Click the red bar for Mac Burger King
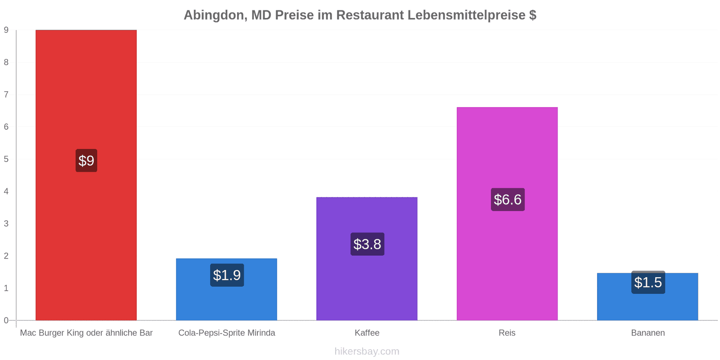pyautogui.click(x=86, y=175)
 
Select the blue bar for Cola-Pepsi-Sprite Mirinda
pyautogui.click(x=226, y=289)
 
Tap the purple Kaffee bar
pyautogui.click(x=367, y=258)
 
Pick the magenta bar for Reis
pyautogui.click(x=507, y=213)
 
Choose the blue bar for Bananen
pyautogui.click(x=648, y=297)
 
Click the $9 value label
pyautogui.click(x=86, y=160)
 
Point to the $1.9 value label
pyautogui.click(x=227, y=275)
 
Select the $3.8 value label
pyautogui.click(x=367, y=244)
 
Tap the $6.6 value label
pyautogui.click(x=508, y=200)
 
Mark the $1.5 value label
pyautogui.click(x=648, y=283)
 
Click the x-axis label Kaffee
pyautogui.click(x=367, y=333)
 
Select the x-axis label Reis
pyautogui.click(x=507, y=333)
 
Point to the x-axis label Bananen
pyautogui.click(x=648, y=333)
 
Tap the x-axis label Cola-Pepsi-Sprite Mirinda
pyautogui.click(x=227, y=333)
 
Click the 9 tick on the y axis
pyautogui.click(x=6, y=30)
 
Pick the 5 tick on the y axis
pyautogui.click(x=6, y=159)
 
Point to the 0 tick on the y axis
pyautogui.click(x=6, y=320)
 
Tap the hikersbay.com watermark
pyautogui.click(x=367, y=351)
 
